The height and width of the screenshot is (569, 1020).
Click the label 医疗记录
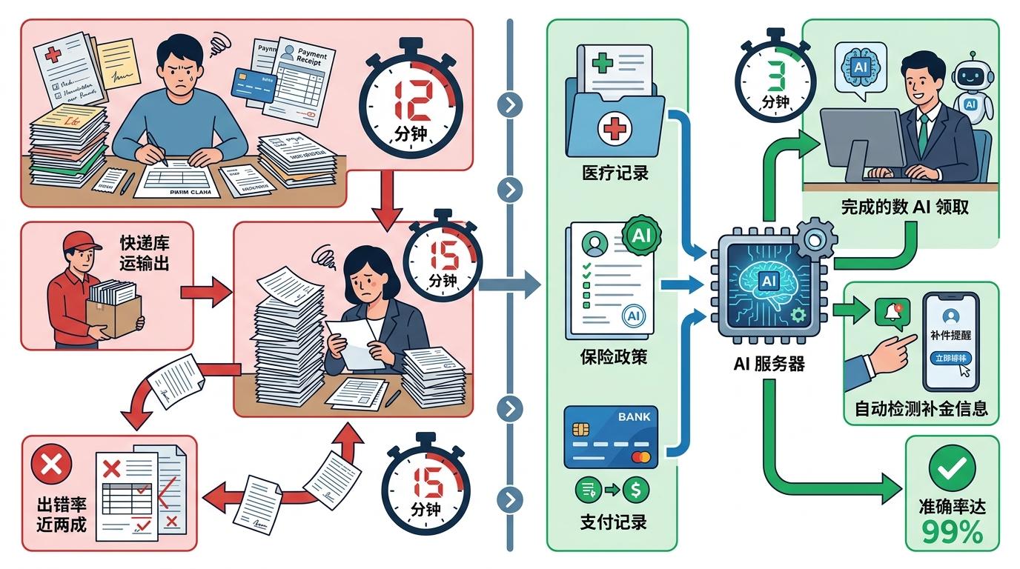coord(615,173)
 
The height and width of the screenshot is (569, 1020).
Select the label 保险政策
coord(613,356)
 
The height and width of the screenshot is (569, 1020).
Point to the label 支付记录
coord(613,521)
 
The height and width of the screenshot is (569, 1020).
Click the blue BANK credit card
coord(611,437)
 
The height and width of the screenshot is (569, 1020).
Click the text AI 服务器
coord(767,365)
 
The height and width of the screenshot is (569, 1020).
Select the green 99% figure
coord(952,533)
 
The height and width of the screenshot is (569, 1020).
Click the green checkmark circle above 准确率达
coord(952,467)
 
